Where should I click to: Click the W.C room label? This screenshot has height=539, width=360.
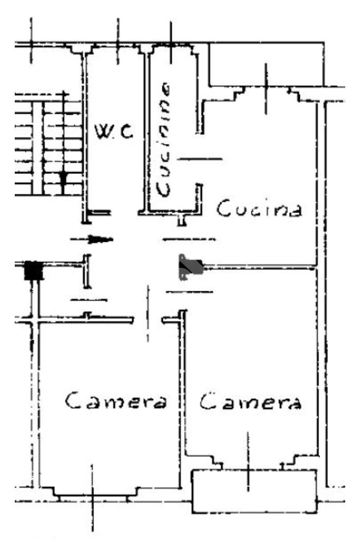point(113,132)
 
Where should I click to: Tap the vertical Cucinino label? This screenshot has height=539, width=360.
point(163,139)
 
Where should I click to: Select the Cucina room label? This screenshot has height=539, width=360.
point(259,208)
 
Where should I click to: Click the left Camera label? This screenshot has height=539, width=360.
point(116,401)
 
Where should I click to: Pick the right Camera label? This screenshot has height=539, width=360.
point(250,401)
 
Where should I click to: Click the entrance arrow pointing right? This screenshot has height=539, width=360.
point(92,239)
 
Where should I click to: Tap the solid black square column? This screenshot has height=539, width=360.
point(34,270)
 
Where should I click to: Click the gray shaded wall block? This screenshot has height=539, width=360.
point(191,267)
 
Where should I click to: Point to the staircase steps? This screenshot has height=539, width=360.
point(48,144)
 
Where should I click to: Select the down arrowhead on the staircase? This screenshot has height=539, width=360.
point(63,178)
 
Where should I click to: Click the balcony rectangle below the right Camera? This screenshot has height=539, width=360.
point(254,491)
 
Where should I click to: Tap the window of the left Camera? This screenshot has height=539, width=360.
point(93,494)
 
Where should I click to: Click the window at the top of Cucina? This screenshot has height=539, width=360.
point(266,90)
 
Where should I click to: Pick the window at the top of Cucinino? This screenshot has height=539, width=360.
point(171,46)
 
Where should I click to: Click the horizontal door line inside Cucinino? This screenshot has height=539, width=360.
point(199,159)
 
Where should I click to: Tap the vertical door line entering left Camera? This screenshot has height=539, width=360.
point(148,313)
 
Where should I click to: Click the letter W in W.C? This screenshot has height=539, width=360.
point(102,132)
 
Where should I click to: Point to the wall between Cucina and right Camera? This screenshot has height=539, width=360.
point(260,267)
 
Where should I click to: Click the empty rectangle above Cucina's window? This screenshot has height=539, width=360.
point(266,64)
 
